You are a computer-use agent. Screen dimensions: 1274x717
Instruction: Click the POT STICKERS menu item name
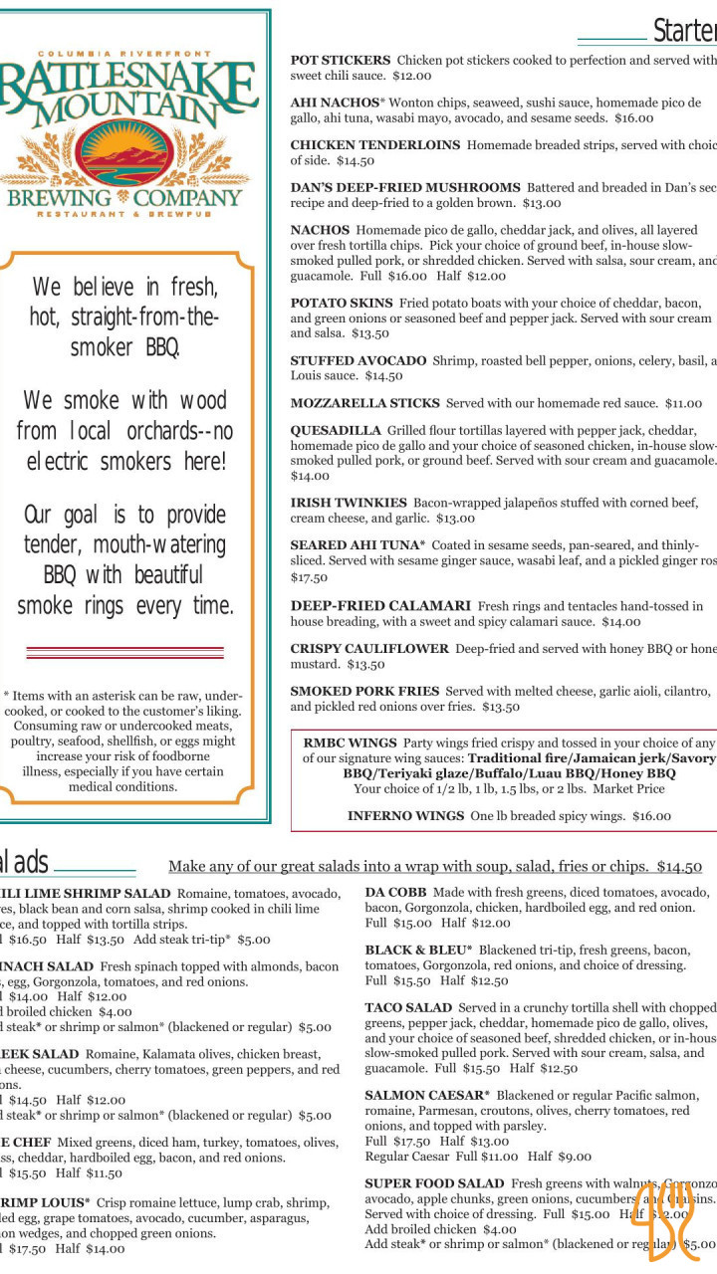click(x=341, y=60)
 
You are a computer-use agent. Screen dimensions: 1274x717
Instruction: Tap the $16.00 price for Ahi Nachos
click(x=633, y=117)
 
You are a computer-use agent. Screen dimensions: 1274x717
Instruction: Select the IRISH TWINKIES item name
click(x=349, y=503)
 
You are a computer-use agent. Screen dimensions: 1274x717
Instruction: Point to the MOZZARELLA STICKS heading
click(x=364, y=403)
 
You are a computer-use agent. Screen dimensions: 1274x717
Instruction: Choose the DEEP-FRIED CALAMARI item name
click(x=380, y=605)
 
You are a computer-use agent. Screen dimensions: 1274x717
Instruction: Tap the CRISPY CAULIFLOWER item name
click(x=369, y=649)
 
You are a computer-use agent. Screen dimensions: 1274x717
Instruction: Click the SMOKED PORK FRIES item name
click(x=364, y=691)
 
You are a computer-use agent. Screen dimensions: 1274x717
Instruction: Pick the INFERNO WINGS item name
click(x=405, y=815)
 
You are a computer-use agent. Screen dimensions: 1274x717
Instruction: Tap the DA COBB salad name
click(x=396, y=893)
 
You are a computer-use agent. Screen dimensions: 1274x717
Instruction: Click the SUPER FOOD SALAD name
click(x=434, y=1183)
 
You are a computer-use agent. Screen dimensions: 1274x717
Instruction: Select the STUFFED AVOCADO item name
click(x=358, y=360)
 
